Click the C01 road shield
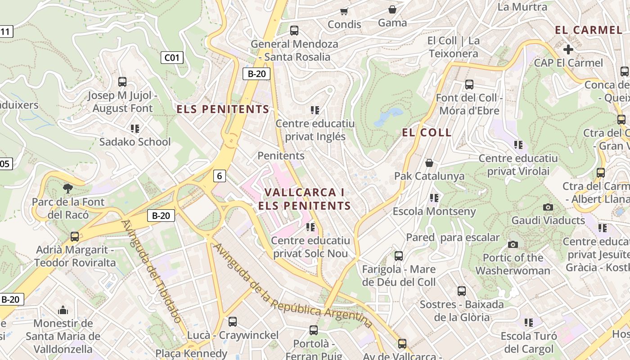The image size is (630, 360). [x=172, y=57]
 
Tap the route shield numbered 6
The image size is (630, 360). [x=219, y=175]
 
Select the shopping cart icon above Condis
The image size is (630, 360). [x=344, y=11]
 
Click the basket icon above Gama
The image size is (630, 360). [x=392, y=9]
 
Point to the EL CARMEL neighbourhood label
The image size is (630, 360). [x=588, y=30]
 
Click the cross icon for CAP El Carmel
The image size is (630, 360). [x=568, y=49]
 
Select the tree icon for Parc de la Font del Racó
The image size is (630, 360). [x=68, y=188]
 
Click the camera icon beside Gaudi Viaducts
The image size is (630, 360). [x=548, y=207]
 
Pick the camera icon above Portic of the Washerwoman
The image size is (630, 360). [x=513, y=244]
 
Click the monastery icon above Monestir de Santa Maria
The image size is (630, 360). [x=63, y=310]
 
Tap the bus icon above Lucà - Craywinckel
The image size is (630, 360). [x=233, y=321]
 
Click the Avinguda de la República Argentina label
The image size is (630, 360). [x=292, y=287]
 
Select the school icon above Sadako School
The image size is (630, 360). [x=135, y=129]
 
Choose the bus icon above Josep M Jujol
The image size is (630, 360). [x=122, y=82]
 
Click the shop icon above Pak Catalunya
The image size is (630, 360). [x=429, y=162]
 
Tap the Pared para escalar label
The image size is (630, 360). [x=453, y=237]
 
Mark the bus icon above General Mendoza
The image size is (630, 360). [x=294, y=31]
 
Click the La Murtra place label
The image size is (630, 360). [x=522, y=7]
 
